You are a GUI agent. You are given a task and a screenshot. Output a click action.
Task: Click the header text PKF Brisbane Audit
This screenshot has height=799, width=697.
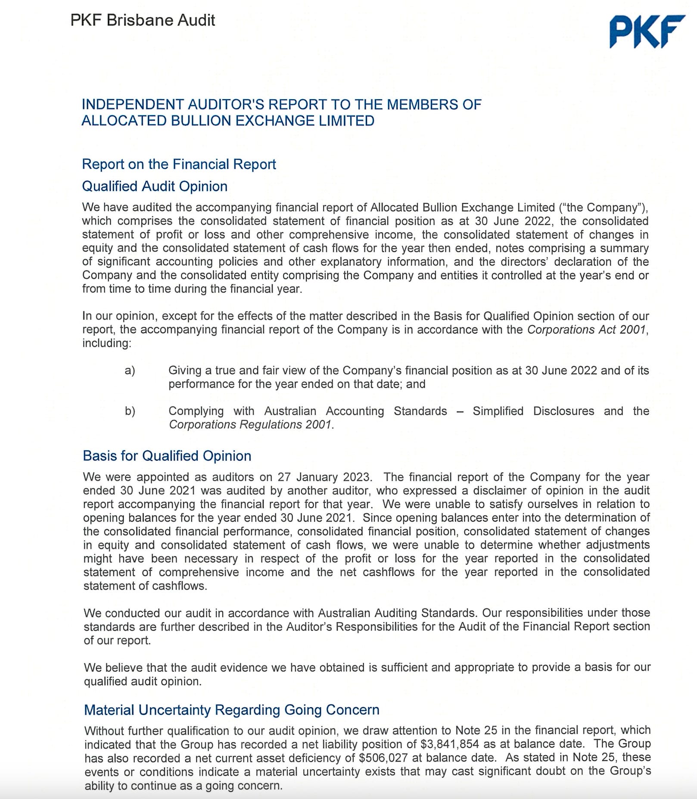click(143, 20)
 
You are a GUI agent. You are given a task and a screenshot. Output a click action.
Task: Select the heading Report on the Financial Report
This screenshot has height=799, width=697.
click(179, 164)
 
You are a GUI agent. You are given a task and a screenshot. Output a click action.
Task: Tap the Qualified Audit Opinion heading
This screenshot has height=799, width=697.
click(155, 186)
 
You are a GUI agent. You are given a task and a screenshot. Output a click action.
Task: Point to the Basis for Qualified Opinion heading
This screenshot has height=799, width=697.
click(167, 456)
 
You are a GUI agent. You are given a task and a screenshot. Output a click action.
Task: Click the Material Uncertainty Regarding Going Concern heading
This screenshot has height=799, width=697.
click(232, 710)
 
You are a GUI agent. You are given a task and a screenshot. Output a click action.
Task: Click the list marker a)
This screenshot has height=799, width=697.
click(130, 370)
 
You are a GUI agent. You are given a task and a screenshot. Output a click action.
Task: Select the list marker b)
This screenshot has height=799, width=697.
click(130, 411)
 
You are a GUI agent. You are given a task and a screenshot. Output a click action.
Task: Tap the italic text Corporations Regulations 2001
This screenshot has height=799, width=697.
click(251, 424)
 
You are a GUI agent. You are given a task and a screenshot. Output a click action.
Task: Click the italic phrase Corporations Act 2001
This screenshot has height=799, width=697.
click(587, 330)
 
